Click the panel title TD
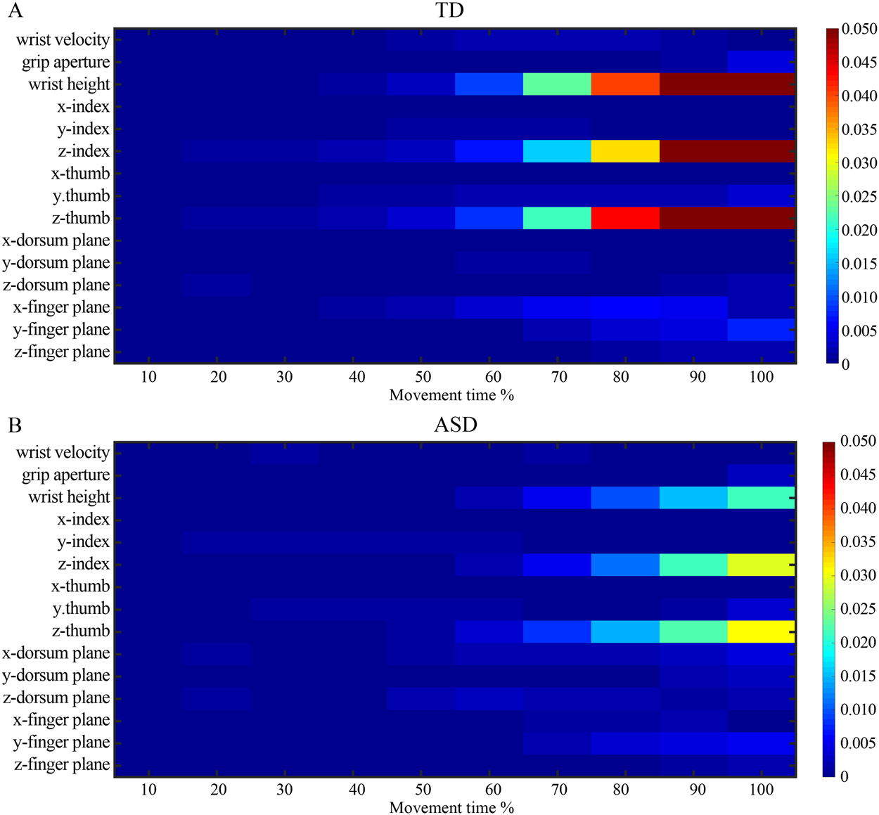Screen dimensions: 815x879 (449, 11)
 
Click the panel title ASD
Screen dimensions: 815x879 (455, 425)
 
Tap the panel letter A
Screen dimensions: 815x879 (15, 11)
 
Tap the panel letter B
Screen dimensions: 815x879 (15, 425)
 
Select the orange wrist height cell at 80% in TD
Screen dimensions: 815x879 (625, 84)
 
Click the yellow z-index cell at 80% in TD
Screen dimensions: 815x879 (625, 151)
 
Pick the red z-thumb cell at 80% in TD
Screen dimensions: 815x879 (625, 218)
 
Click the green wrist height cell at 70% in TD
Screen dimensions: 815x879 (557, 84)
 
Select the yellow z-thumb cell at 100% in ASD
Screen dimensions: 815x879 (761, 631)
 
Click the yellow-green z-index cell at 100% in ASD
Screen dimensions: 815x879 (761, 565)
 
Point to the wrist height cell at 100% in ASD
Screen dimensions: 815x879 (761, 497)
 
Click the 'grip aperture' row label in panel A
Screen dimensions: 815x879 (65, 63)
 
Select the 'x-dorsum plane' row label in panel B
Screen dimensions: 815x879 (56, 653)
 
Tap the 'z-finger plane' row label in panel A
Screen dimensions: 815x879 (62, 352)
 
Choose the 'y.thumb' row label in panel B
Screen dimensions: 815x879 (81, 609)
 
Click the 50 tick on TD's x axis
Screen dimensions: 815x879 (423, 377)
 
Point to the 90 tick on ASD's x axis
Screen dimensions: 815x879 (697, 790)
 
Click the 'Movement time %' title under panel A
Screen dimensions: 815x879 (451, 395)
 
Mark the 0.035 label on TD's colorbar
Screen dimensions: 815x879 (859, 129)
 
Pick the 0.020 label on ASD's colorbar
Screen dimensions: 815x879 (859, 643)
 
